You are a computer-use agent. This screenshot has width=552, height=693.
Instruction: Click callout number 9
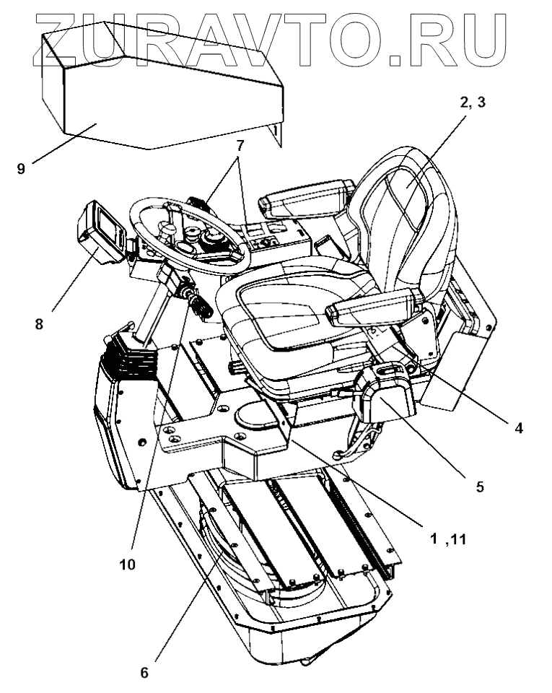[x=22, y=169]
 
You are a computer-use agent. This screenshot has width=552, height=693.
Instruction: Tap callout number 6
[x=144, y=673]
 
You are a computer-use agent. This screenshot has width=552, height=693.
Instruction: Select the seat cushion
[x=289, y=310]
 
